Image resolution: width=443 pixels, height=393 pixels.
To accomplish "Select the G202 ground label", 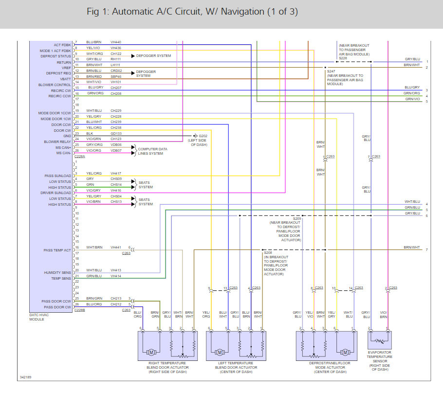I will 203,136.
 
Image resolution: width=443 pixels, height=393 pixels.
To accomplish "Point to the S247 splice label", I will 331,71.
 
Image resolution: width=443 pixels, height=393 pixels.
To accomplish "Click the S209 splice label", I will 297,219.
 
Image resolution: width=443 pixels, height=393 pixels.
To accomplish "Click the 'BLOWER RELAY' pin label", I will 57,142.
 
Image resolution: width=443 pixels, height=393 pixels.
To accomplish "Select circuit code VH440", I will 116,42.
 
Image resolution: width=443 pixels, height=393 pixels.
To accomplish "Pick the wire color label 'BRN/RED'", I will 94,76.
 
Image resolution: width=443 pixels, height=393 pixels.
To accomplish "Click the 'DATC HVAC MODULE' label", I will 41,317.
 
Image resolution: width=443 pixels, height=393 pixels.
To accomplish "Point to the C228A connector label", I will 79,157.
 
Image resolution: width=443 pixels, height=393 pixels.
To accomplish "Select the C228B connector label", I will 79,310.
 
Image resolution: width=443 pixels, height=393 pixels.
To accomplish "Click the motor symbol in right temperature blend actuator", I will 151,352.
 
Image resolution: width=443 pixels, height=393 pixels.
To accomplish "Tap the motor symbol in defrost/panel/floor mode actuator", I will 346,352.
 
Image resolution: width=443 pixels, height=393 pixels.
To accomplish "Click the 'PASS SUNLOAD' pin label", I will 57,176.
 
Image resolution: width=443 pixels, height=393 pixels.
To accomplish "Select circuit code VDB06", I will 116,144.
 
